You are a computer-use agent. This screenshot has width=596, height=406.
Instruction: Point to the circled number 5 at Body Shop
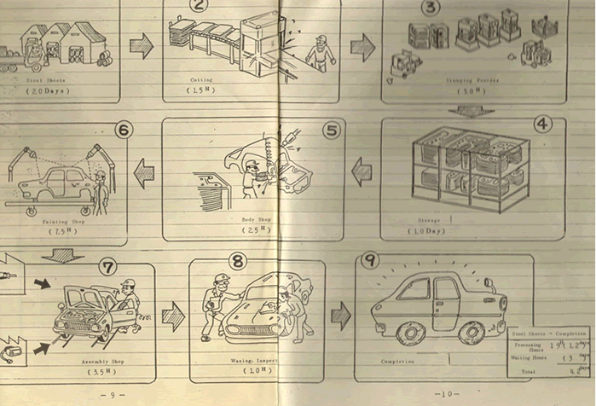click(x=332, y=130)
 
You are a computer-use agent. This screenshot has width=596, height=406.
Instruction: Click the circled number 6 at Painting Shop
click(x=124, y=130)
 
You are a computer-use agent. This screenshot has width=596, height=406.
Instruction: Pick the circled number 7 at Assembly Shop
click(x=107, y=266)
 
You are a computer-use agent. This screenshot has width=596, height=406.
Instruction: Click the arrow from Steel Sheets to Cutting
click(x=141, y=46)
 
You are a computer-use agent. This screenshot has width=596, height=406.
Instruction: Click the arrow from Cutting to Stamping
click(x=363, y=48)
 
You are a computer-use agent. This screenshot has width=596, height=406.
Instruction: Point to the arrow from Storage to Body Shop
click(x=362, y=171)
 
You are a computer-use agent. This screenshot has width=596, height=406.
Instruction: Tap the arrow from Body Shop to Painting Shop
click(x=144, y=174)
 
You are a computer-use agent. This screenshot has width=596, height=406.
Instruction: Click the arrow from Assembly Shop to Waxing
click(x=173, y=316)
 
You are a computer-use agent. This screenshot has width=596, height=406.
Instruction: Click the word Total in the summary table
click(x=521, y=371)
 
